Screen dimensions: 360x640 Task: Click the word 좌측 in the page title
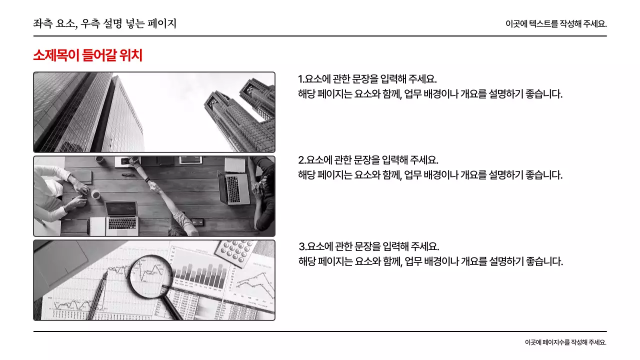pyautogui.click(x=41, y=23)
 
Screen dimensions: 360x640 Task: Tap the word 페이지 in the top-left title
pyautogui.click(x=162, y=23)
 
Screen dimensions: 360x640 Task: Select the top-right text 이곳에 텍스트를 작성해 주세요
pyautogui.click(x=556, y=23)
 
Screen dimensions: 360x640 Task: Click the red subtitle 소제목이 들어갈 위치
pyautogui.click(x=87, y=55)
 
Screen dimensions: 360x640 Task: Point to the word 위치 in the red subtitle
pyautogui.click(x=131, y=55)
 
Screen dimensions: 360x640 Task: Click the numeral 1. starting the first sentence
pyautogui.click(x=301, y=79)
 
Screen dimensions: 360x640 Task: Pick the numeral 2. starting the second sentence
pyautogui.click(x=302, y=160)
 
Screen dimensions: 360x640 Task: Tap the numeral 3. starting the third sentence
pyautogui.click(x=302, y=247)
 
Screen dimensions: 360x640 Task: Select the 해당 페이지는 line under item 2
pyautogui.click(x=430, y=175)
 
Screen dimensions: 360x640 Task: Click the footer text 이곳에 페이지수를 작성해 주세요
pyautogui.click(x=565, y=342)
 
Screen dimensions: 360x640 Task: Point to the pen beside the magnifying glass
pyautogui.click(x=98, y=295)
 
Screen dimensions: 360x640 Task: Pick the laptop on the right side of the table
pyautogui.click(x=234, y=187)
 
